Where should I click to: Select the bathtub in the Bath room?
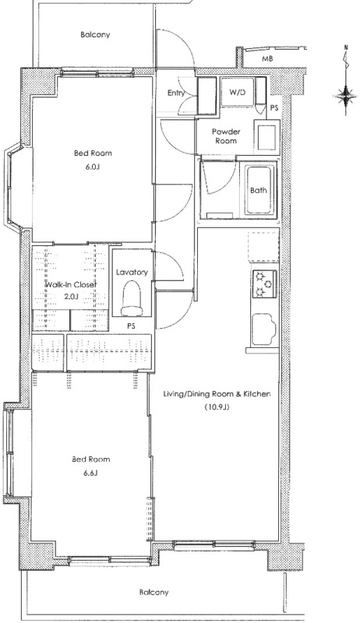[x=259, y=190]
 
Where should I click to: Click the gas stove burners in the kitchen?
[x=264, y=283]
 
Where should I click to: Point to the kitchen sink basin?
[x=263, y=329]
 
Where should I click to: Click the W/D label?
[x=237, y=93]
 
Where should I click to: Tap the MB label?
[x=267, y=60]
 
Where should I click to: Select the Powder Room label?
[x=226, y=136]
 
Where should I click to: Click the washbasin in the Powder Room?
[x=266, y=138]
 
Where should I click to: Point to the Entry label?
[x=176, y=93]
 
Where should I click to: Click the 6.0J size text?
[x=92, y=167]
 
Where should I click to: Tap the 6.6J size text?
[x=90, y=473]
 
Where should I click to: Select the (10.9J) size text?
[x=217, y=407]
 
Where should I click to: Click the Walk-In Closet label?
[x=71, y=285]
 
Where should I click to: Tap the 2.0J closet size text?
[x=71, y=296]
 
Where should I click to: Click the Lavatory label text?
[x=132, y=272]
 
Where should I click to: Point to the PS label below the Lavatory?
[x=131, y=326]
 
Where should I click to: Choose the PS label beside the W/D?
[x=274, y=107]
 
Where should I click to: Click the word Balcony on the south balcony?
[x=154, y=592]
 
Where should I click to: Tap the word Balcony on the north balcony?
[x=95, y=34]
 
